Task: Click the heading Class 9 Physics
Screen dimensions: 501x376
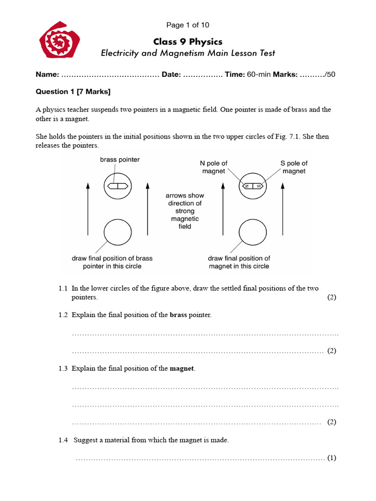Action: [188, 41]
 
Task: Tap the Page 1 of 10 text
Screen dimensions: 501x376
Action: [188, 25]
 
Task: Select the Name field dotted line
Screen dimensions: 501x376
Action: [110, 75]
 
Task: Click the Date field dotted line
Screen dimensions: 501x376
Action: [203, 75]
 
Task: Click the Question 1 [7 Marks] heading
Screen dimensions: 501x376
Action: [73, 91]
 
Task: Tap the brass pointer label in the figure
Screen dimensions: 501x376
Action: [119, 159]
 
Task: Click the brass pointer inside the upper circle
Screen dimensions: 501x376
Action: [118, 186]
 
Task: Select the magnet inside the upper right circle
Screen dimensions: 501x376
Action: [253, 186]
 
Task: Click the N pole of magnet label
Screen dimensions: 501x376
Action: [214, 167]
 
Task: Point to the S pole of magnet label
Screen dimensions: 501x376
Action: [294, 167]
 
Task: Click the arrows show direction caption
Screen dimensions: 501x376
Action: [185, 211]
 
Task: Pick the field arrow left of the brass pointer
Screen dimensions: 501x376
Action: [88, 208]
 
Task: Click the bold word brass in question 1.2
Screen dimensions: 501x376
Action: [179, 315]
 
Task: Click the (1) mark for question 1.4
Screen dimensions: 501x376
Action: [331, 458]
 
